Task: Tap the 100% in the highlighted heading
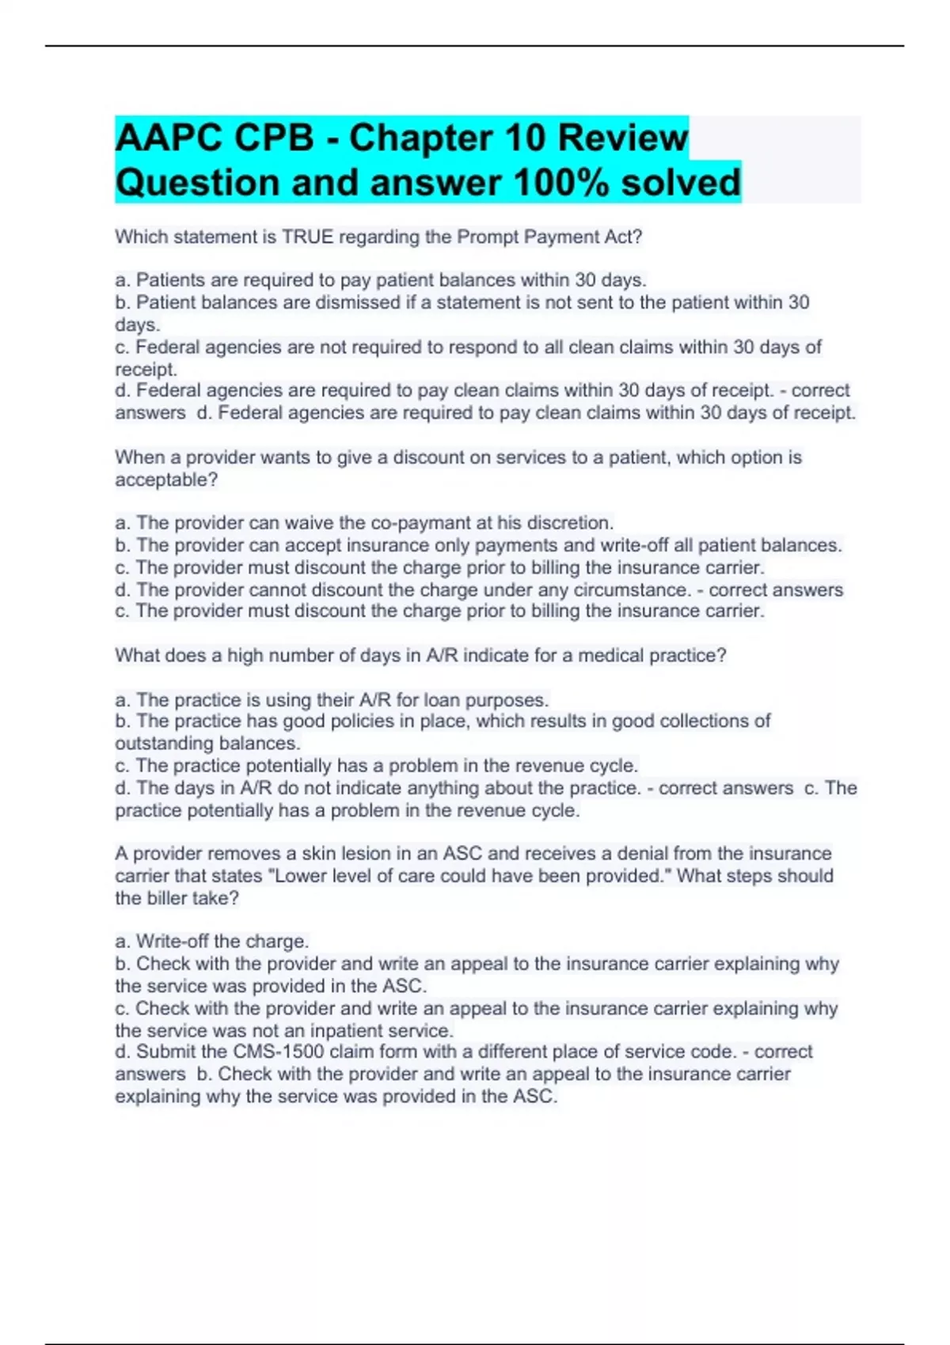click(x=561, y=183)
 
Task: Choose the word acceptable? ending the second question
click(x=166, y=479)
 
